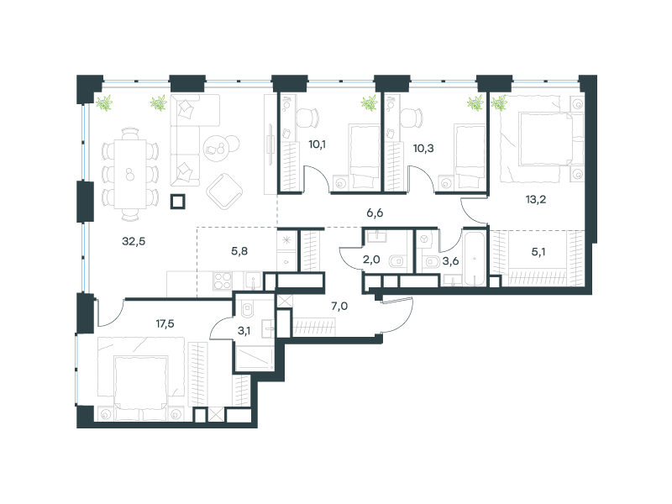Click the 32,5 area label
[134, 241]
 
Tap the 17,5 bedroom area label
[165, 323]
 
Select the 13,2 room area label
[536, 199]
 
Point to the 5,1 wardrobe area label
[538, 251]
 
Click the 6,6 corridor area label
[375, 213]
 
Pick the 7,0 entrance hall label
[339, 306]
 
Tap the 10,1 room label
[318, 144]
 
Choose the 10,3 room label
[423, 149]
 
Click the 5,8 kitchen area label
[239, 251]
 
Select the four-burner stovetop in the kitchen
[223, 281]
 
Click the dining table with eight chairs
[130, 174]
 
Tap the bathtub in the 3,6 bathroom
[475, 258]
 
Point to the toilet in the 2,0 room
[397, 261]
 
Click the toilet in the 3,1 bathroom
[248, 308]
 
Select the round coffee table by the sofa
[217, 149]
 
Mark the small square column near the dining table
[177, 202]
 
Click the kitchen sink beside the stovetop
[253, 281]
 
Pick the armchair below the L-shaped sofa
[224, 192]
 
